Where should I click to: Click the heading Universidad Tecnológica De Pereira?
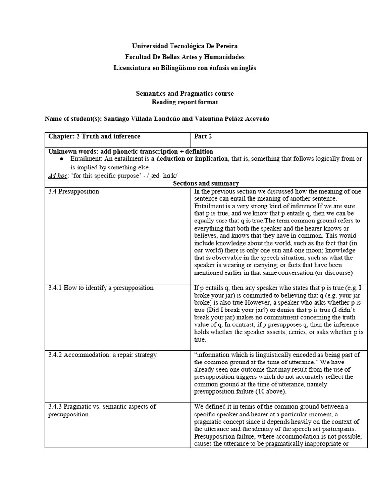click(185, 46)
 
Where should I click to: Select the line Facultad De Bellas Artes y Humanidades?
click(185, 57)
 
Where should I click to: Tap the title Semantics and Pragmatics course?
click(185, 93)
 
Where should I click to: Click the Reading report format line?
click(185, 102)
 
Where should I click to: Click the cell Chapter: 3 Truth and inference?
click(94, 136)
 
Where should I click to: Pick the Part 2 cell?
click(203, 136)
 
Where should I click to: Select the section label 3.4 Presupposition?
click(74, 191)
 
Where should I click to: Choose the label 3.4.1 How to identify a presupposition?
click(101, 288)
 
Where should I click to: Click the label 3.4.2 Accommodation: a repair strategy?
click(102, 355)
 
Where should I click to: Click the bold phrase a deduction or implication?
click(189, 159)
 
